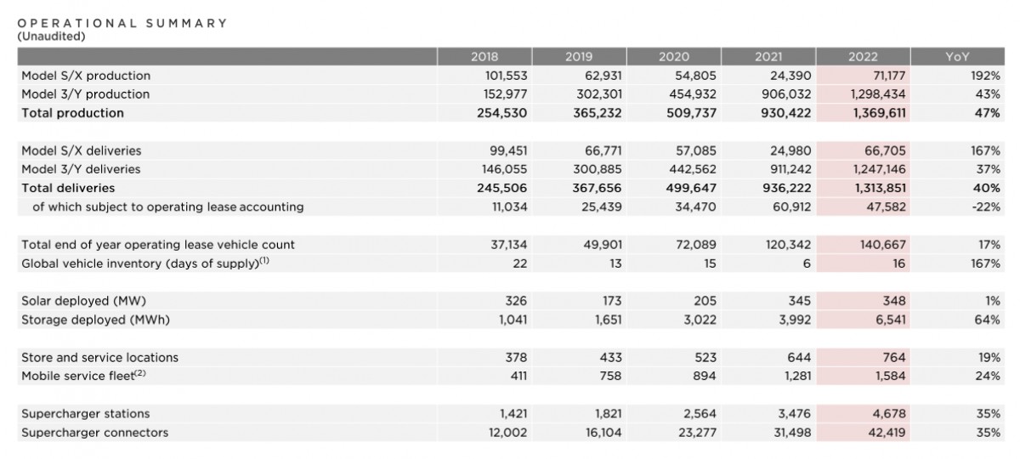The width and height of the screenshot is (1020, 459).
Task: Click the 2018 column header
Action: [484, 57]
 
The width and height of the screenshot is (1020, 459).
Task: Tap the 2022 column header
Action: [863, 57]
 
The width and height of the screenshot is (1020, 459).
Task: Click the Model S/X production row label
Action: [86, 76]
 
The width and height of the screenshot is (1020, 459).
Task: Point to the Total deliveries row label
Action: [68, 188]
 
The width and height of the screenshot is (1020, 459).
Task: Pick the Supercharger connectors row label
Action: [95, 433]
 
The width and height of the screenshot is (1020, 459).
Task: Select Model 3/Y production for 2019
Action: [594, 94]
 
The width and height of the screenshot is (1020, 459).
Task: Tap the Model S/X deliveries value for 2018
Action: [507, 150]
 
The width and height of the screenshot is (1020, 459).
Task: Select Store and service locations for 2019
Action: [609, 357]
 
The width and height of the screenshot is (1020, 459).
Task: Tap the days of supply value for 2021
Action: [807, 263]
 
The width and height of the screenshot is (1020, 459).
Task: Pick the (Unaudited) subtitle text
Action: [51, 37]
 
